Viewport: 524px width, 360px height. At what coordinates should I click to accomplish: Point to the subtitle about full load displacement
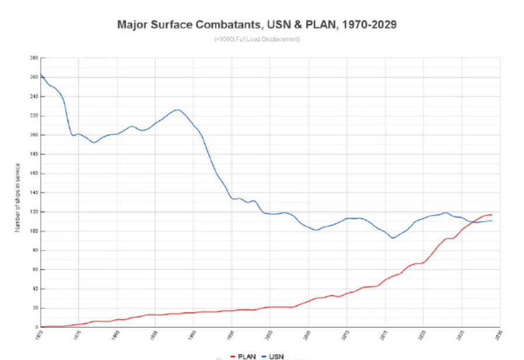[258, 39]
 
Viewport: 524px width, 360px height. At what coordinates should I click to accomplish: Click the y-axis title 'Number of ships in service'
[18, 198]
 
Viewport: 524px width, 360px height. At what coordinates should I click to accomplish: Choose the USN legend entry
[274, 356]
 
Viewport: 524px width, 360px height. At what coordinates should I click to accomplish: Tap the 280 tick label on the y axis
[33, 58]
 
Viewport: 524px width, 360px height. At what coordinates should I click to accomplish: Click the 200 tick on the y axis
[33, 135]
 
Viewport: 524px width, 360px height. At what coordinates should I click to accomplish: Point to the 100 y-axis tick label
[33, 231]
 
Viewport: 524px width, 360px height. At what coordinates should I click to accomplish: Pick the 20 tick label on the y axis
[34, 308]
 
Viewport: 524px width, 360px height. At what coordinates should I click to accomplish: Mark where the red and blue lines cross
[471, 222]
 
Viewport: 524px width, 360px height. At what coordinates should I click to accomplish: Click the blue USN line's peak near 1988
[178, 110]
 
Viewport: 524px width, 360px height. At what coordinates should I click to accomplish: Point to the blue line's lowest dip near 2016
[393, 238]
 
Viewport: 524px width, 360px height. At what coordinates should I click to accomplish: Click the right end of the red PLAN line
[492, 215]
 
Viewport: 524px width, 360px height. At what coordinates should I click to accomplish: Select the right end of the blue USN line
[492, 220]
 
